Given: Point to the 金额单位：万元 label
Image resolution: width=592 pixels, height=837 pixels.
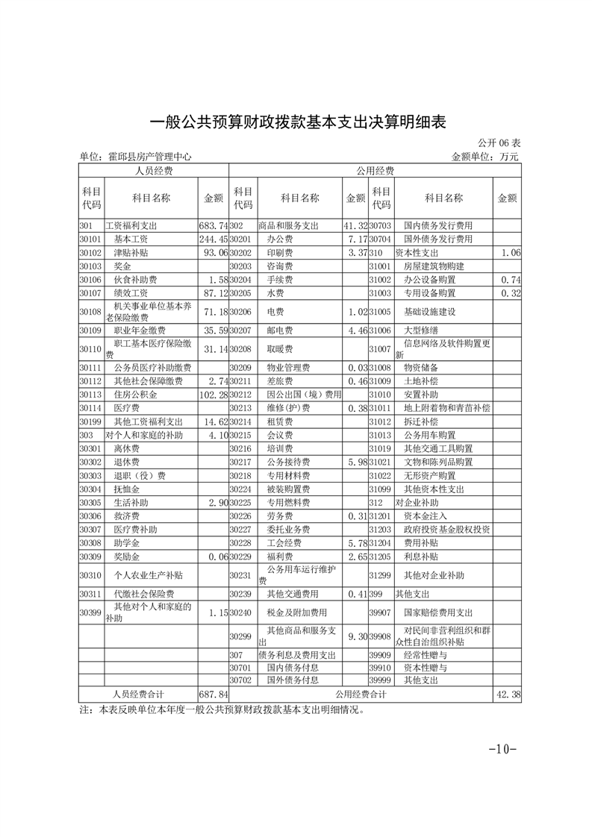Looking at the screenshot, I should [484, 157].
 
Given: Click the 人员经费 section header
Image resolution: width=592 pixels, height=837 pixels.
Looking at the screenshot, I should [154, 171].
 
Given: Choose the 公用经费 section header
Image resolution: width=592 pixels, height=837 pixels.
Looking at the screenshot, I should [376, 171].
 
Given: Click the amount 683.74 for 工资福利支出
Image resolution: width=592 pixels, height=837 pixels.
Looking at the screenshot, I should [213, 225].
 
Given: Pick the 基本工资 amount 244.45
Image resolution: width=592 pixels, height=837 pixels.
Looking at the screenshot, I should [213, 239].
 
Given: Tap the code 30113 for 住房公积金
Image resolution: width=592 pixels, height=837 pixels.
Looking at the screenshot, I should [90, 394].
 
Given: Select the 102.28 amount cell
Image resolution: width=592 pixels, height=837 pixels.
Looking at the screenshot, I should [213, 394].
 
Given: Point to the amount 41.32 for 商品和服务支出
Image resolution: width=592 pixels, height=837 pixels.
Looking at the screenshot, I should [355, 225].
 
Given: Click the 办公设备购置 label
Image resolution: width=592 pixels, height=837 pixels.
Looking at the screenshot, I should [429, 279].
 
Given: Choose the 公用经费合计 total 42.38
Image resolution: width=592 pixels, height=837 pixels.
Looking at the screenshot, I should [508, 695].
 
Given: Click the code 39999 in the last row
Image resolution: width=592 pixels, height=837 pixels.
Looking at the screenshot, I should [381, 680].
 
